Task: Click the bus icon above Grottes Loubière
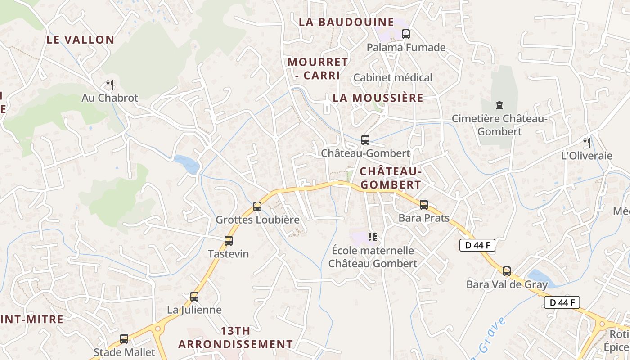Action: (x=257, y=207)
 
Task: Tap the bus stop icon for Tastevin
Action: (x=229, y=241)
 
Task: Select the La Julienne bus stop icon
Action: (x=194, y=297)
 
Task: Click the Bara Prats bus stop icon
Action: (x=424, y=205)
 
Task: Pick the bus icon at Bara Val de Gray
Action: (x=507, y=271)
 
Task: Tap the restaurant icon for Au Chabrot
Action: (x=109, y=84)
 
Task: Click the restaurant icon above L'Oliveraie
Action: (x=586, y=143)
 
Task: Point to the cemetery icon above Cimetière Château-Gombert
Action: (x=499, y=105)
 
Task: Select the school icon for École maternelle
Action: (x=372, y=237)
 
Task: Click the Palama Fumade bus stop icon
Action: (x=406, y=34)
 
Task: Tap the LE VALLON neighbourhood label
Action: (x=81, y=40)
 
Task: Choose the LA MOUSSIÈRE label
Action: (x=378, y=98)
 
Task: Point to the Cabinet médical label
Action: (x=392, y=77)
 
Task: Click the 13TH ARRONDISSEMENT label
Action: (x=235, y=337)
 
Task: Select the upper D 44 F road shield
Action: (x=477, y=245)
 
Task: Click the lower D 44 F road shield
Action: (x=562, y=302)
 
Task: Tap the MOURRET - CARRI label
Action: (x=318, y=68)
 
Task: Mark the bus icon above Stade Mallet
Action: (x=124, y=339)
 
